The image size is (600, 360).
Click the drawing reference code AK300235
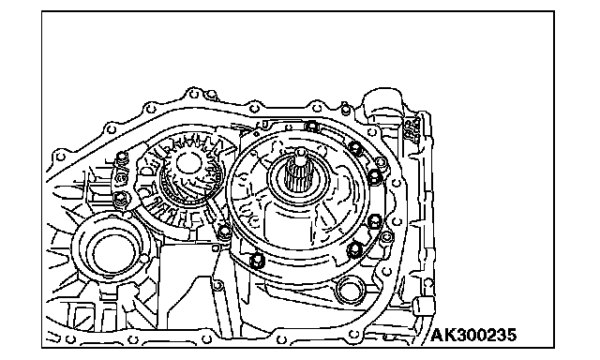473,335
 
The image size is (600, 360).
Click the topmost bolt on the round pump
312,126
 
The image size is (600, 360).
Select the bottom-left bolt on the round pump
257,261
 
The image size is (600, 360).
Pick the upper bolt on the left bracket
122,157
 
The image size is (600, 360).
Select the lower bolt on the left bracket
120,198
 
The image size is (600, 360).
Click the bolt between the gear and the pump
224,232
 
